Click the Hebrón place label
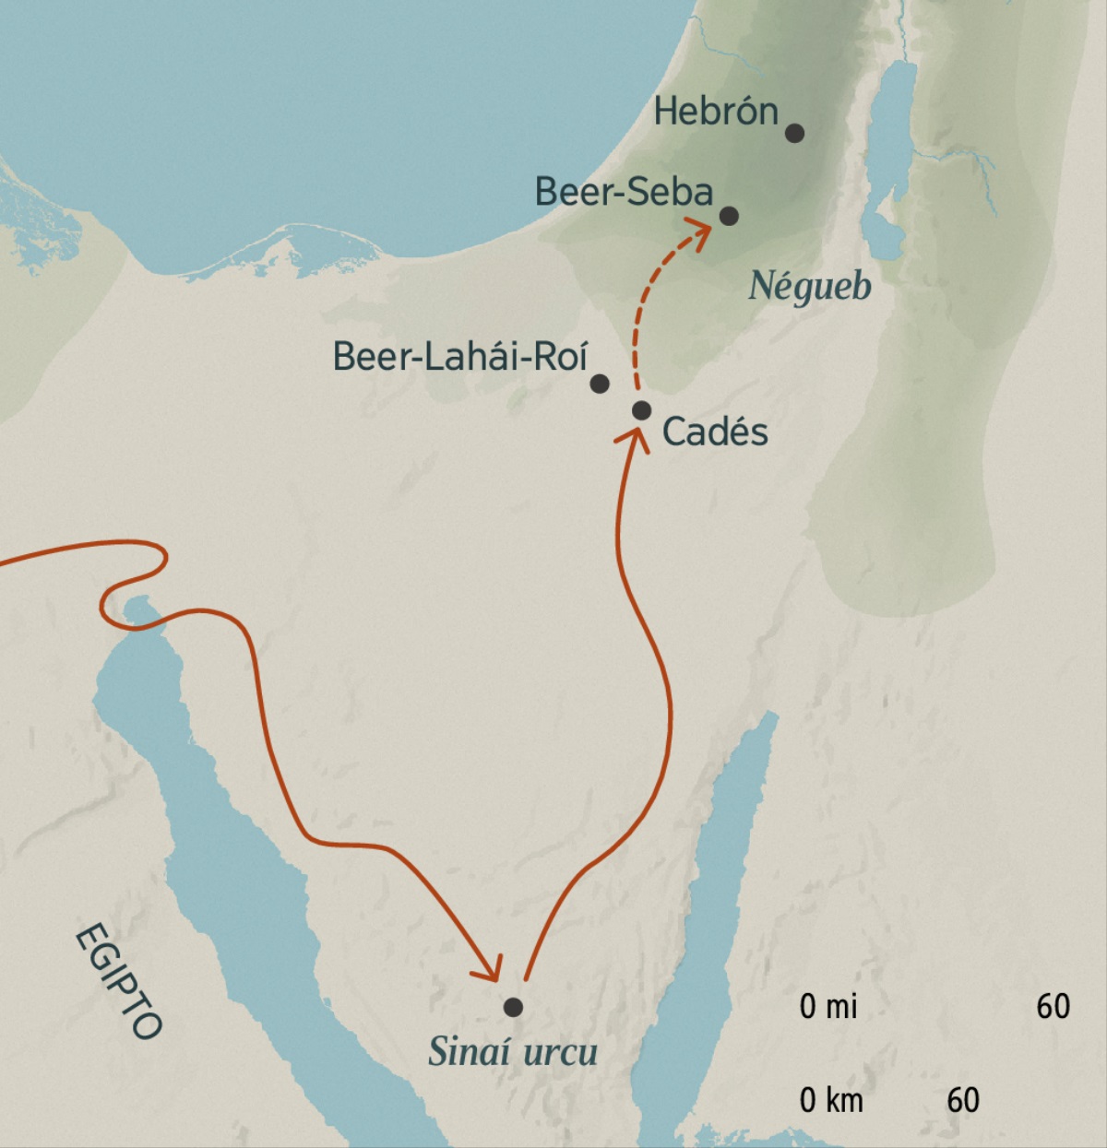point(716,112)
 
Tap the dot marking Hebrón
point(794,133)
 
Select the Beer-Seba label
point(624,192)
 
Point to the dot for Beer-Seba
point(729,216)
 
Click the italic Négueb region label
point(809,286)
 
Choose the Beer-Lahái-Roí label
point(459,357)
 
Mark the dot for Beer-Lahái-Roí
point(600,384)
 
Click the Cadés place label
point(715,432)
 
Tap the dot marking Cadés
point(642,410)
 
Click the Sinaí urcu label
point(513,1052)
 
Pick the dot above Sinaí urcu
point(513,1007)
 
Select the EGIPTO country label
point(118,980)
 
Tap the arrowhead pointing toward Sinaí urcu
point(488,968)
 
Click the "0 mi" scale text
point(828,1006)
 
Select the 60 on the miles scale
point(1053,1006)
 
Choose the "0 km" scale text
point(831,1099)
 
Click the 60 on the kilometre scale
point(962,1099)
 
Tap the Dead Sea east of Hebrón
point(891,157)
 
